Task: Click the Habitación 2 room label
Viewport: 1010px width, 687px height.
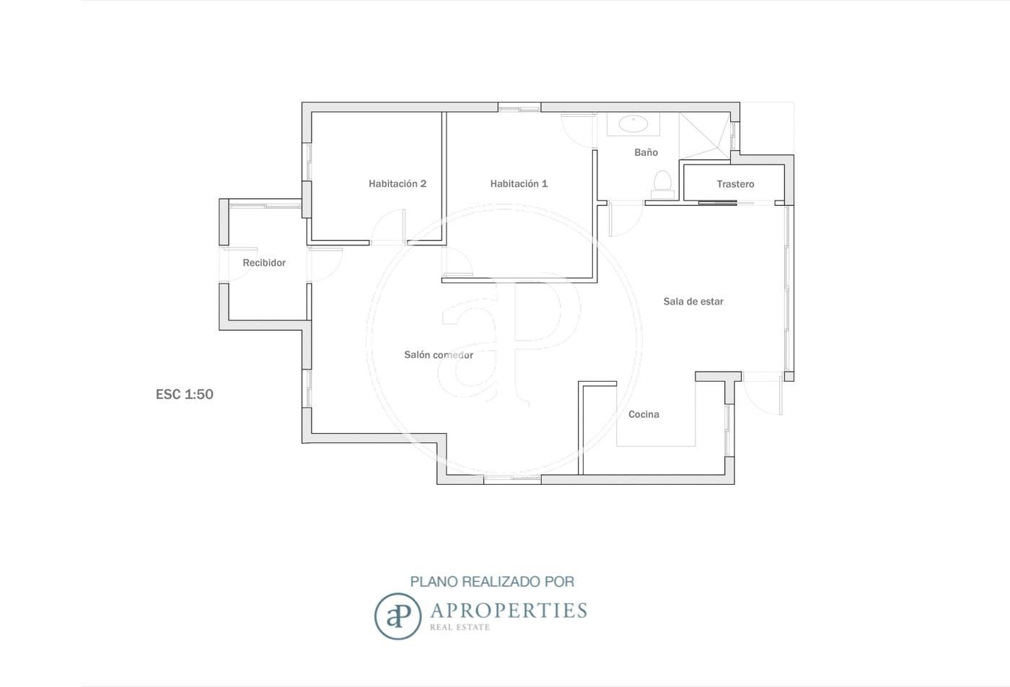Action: (398, 183)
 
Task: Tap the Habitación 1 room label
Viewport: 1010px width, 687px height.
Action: (519, 183)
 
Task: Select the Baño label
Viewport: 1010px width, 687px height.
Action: (646, 152)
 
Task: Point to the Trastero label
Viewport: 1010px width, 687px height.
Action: (735, 184)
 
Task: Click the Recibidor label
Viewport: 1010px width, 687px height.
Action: (264, 263)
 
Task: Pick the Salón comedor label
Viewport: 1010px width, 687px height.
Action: (439, 355)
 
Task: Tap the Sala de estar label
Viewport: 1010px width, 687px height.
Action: (693, 302)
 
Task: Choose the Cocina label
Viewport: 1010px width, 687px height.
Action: (644, 414)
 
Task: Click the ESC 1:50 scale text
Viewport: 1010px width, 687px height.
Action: (185, 394)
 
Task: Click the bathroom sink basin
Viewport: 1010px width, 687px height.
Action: (633, 123)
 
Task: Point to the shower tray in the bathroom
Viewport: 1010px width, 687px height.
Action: (705, 136)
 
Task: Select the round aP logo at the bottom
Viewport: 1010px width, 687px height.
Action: (398, 616)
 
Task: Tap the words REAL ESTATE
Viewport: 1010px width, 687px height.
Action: (460, 627)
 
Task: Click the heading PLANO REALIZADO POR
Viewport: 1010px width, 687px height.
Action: (492, 582)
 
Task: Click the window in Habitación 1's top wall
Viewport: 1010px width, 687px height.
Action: (519, 108)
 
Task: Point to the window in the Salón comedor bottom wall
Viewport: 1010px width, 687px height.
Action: (513, 479)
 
